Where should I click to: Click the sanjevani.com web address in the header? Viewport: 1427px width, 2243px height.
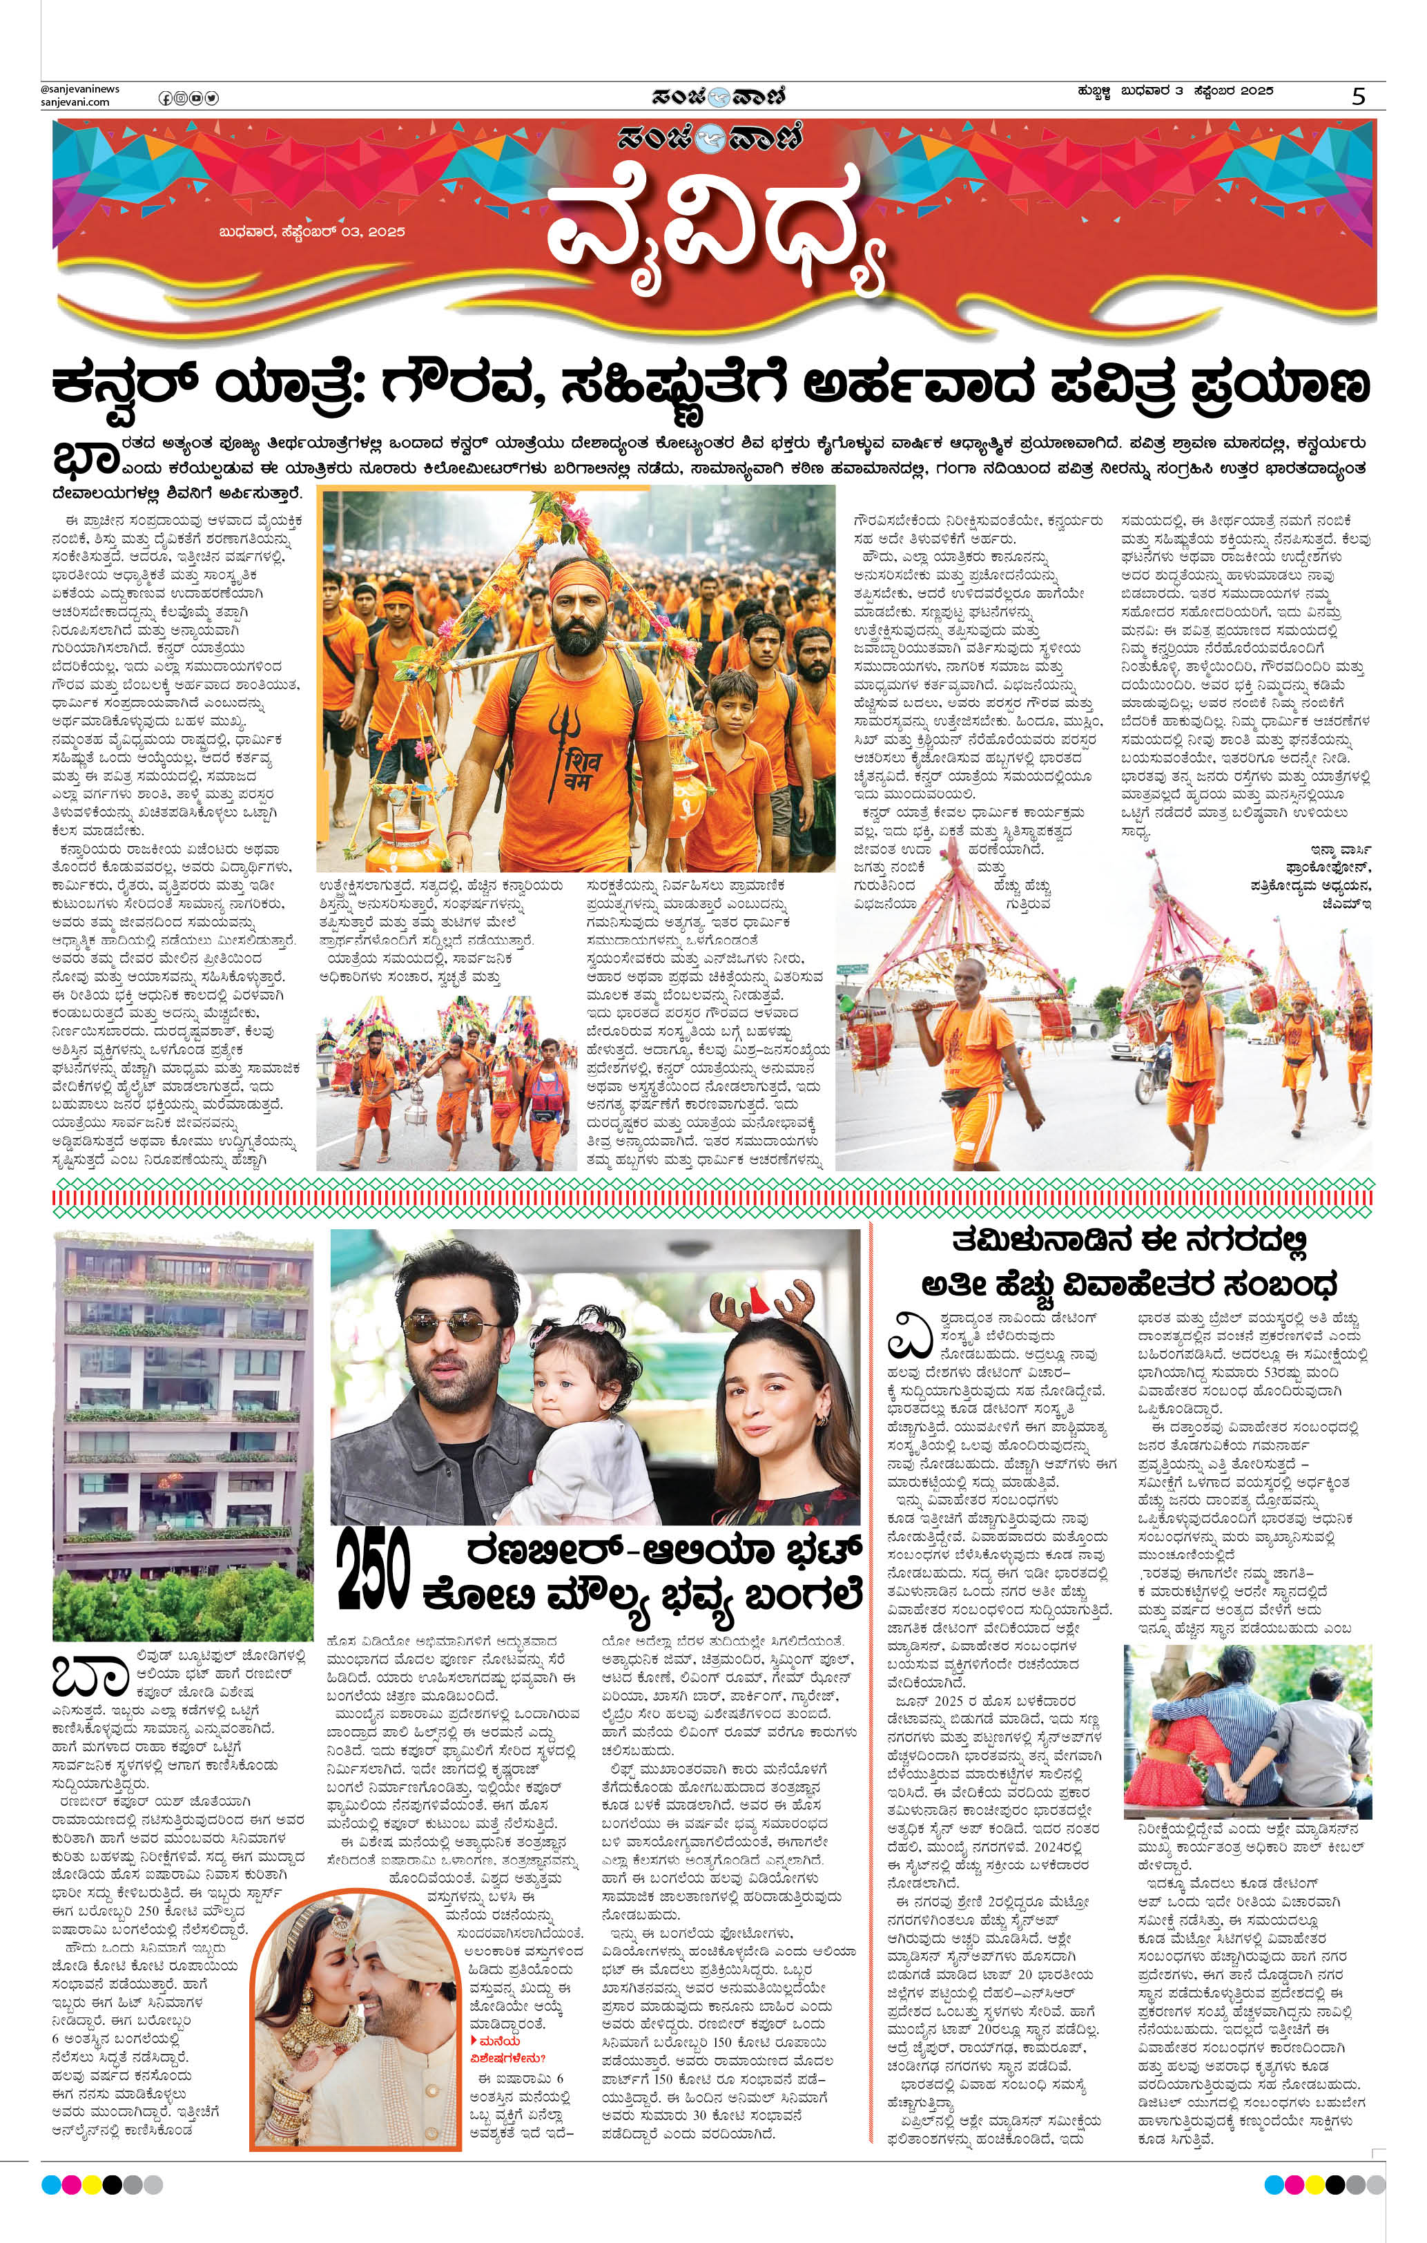[75, 102]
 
